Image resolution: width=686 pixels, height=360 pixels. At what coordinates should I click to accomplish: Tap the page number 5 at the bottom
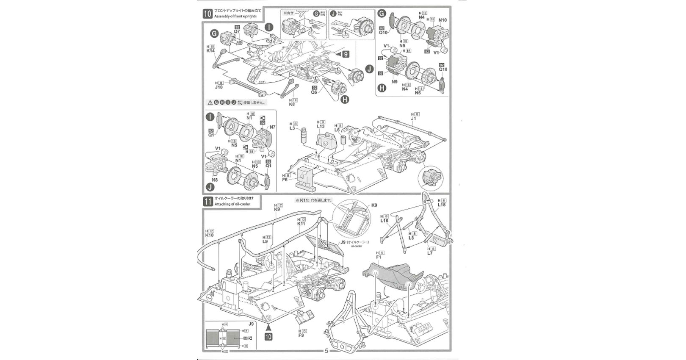pyautogui.click(x=326, y=351)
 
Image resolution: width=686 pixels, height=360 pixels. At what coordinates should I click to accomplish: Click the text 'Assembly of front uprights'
pyautogui.click(x=235, y=17)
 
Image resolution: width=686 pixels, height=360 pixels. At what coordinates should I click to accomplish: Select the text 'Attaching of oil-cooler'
pyautogui.click(x=232, y=204)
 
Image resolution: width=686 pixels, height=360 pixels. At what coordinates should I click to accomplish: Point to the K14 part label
pyautogui.click(x=211, y=51)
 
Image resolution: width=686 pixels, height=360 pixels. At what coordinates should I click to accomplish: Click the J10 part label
pyautogui.click(x=219, y=87)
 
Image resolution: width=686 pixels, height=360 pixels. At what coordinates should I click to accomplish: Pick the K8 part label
pyautogui.click(x=292, y=104)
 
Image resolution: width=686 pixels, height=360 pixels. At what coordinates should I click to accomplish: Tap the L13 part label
pyautogui.click(x=321, y=126)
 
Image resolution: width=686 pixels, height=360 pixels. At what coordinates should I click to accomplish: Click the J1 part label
pyautogui.click(x=414, y=119)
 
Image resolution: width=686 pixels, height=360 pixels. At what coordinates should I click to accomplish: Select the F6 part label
pyautogui.click(x=285, y=180)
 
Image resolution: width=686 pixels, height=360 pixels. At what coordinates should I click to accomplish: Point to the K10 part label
pyautogui.click(x=210, y=235)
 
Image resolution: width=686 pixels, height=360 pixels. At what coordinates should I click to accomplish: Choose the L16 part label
pyautogui.click(x=384, y=221)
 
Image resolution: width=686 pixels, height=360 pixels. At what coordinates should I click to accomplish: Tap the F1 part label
pyautogui.click(x=379, y=257)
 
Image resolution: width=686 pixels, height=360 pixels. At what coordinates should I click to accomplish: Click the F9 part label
pyautogui.click(x=301, y=335)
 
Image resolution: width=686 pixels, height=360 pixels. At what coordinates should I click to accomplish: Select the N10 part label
pyautogui.click(x=443, y=20)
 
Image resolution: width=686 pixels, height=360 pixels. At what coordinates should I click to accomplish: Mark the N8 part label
pyautogui.click(x=215, y=180)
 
